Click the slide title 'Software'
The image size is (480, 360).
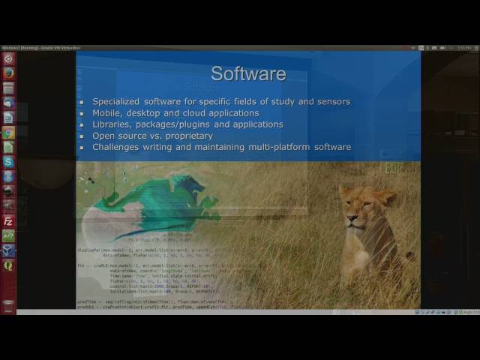coord(248,73)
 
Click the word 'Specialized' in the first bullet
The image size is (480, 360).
coord(116,102)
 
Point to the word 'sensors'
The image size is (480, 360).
coord(333,102)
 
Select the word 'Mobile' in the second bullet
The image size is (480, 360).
coord(108,113)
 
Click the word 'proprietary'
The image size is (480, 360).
coord(188,136)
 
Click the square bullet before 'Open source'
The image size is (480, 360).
coord(82,136)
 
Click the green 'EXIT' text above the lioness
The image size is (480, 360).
coord(393,169)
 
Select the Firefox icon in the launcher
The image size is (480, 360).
coord(8,73)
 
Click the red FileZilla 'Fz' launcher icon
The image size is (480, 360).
coord(8,221)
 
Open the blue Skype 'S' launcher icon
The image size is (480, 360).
coord(8,162)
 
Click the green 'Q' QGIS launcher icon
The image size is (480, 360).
coord(8,265)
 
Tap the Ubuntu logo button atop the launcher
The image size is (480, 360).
coord(8,58)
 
